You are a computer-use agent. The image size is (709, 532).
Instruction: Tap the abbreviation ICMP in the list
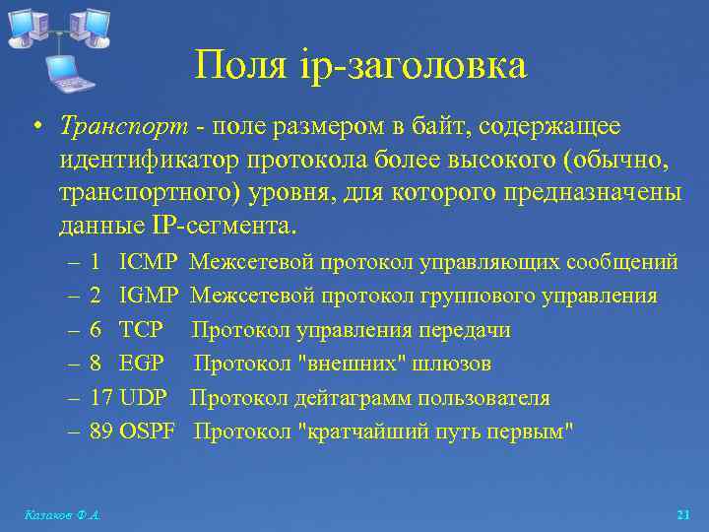point(148,262)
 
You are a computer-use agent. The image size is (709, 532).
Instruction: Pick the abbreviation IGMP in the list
point(149,296)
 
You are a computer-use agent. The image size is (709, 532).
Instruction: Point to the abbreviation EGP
point(141,364)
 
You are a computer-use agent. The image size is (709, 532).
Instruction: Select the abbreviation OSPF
point(147,432)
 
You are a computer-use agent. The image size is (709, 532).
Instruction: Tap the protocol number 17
point(100,398)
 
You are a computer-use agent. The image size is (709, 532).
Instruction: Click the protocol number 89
point(100,432)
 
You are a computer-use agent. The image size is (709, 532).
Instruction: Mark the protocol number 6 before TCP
point(96,330)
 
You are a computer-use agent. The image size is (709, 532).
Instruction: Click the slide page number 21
point(683,515)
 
